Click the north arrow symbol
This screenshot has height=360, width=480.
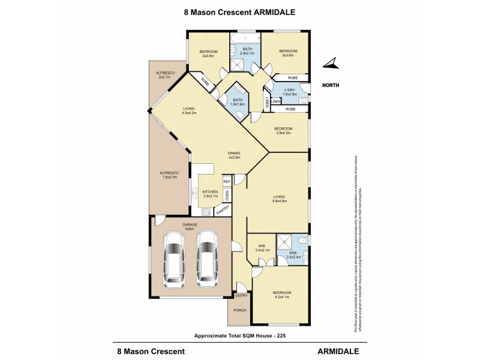331,63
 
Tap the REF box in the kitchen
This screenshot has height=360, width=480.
227,181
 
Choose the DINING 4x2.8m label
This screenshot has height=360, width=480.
234,155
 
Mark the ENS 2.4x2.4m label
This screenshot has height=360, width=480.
293,255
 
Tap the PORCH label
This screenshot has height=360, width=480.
239,311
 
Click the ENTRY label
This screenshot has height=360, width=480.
241,295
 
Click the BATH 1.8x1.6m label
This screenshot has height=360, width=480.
238,103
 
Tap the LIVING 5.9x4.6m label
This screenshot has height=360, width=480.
280,199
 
